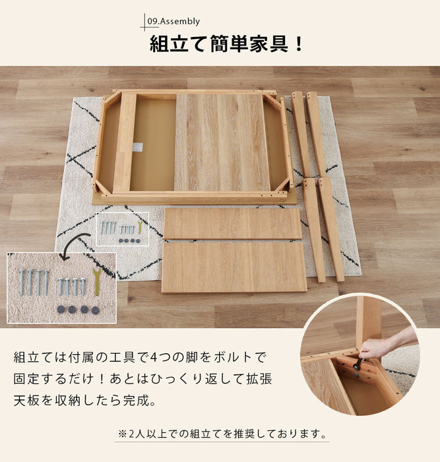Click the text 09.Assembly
(x=173, y=21)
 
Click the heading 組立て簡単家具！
(x=226, y=44)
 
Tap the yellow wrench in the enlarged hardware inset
(x=96, y=282)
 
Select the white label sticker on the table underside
(x=137, y=147)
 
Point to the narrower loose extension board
(x=232, y=223)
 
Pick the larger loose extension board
(x=234, y=267)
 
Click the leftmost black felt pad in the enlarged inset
(x=61, y=309)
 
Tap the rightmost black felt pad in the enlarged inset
(x=95, y=310)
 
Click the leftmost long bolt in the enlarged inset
(x=22, y=282)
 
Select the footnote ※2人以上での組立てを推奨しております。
(x=222, y=434)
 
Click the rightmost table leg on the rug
(x=330, y=229)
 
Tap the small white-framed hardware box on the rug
(x=123, y=229)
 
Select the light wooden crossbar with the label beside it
(x=124, y=143)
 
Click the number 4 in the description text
(x=154, y=358)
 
